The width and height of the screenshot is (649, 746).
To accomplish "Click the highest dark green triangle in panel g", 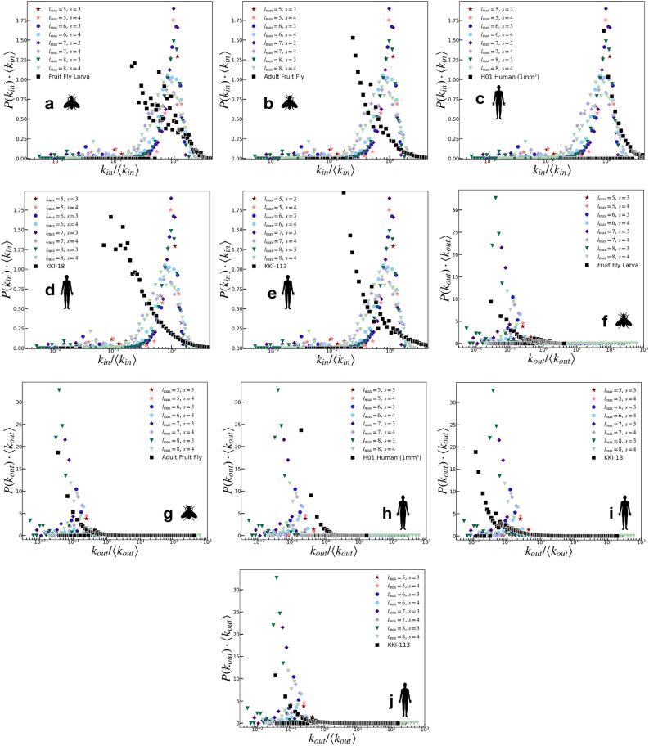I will pos(60,390).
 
